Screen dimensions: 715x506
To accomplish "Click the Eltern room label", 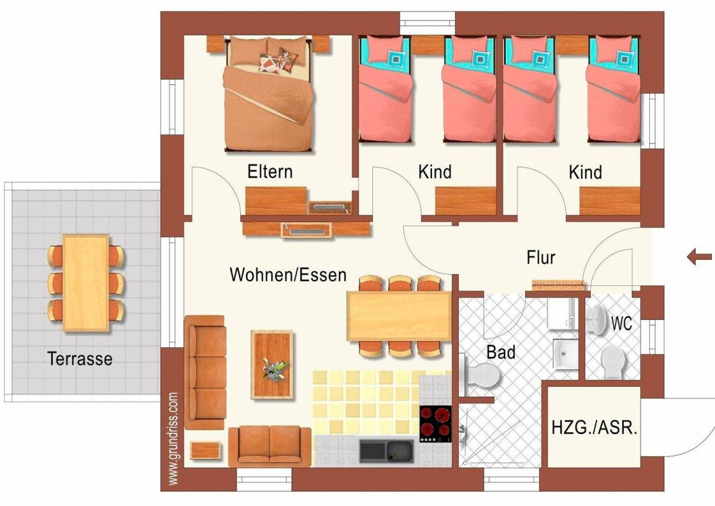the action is [270, 172].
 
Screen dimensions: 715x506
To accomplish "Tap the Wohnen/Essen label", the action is [288, 275].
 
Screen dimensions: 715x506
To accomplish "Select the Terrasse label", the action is [80, 359].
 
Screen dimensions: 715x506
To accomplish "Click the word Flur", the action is [541, 257].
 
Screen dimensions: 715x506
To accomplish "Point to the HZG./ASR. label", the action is [594, 428].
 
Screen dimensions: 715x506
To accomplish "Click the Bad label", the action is [501, 352].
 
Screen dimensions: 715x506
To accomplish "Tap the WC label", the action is [621, 323].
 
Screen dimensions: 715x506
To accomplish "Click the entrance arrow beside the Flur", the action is [699, 257].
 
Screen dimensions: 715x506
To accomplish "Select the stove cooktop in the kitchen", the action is [435, 424].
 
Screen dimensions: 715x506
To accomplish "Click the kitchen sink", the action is [386, 451].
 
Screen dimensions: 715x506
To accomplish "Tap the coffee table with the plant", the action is [272, 365].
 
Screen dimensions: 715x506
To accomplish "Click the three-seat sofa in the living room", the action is [205, 372].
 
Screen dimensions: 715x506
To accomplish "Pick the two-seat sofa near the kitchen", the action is [270, 446].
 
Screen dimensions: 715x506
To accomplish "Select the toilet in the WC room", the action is [613, 363].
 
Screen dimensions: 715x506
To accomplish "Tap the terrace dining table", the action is [86, 283].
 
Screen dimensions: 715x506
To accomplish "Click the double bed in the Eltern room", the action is [269, 94].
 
